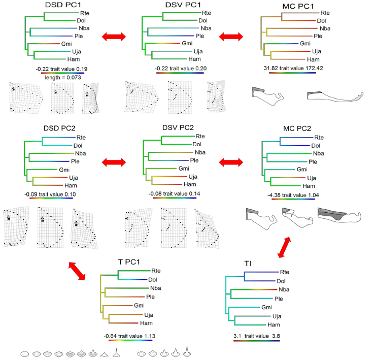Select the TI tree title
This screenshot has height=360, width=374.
click(247, 264)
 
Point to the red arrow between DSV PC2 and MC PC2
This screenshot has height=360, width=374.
click(230, 161)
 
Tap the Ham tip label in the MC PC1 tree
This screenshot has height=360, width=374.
click(320, 59)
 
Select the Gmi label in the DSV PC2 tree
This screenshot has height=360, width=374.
click(184, 168)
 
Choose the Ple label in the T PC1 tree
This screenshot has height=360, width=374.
click(150, 297)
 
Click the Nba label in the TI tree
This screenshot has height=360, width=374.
click(283, 289)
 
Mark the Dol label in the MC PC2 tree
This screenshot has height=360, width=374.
click(317, 145)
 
